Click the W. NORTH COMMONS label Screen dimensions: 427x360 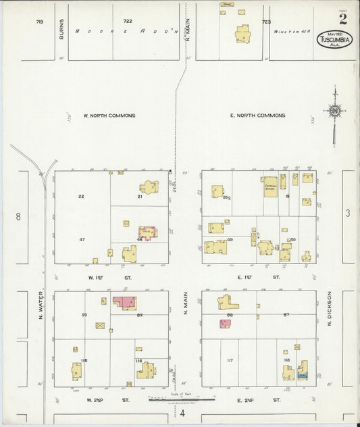(109, 116)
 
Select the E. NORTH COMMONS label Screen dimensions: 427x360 (257, 116)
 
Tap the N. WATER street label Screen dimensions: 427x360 (41, 305)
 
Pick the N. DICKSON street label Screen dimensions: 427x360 (330, 308)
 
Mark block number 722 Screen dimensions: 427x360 (127, 22)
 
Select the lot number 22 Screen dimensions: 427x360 (81, 197)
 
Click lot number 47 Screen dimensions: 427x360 (82, 240)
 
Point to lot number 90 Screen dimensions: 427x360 (84, 315)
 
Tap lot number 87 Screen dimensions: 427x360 (286, 315)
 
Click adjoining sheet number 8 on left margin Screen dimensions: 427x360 (19, 217)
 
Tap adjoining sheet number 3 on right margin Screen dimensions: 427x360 (348, 214)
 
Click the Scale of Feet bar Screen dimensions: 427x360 (181, 400)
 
